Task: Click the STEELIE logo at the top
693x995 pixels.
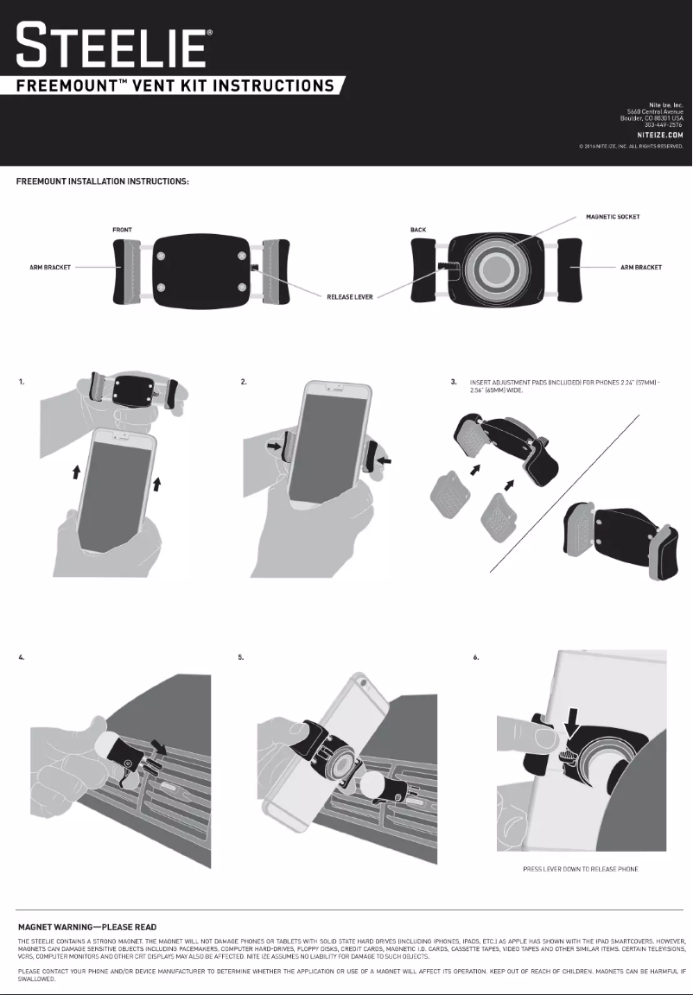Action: point(112,46)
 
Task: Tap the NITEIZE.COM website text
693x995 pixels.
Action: point(661,136)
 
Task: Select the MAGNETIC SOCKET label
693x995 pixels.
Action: point(613,217)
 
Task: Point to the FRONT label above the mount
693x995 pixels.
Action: point(122,231)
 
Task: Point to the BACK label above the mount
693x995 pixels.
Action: point(418,231)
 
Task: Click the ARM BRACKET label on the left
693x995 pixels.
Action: point(49,268)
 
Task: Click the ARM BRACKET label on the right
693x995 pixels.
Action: point(641,268)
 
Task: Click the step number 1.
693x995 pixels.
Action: point(22,381)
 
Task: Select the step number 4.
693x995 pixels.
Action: point(22,658)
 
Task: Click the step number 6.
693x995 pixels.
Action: point(476,658)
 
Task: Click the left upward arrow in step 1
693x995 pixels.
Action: point(76,471)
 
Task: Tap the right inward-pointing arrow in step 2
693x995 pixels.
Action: point(385,462)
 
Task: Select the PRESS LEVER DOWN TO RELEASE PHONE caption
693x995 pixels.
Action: point(581,869)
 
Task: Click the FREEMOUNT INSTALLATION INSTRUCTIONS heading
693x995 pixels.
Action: point(104,181)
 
